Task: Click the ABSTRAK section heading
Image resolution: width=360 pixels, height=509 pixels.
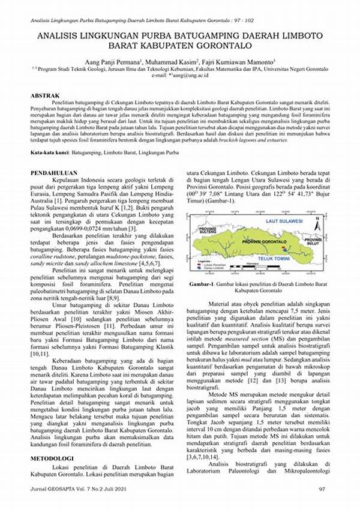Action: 46,95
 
